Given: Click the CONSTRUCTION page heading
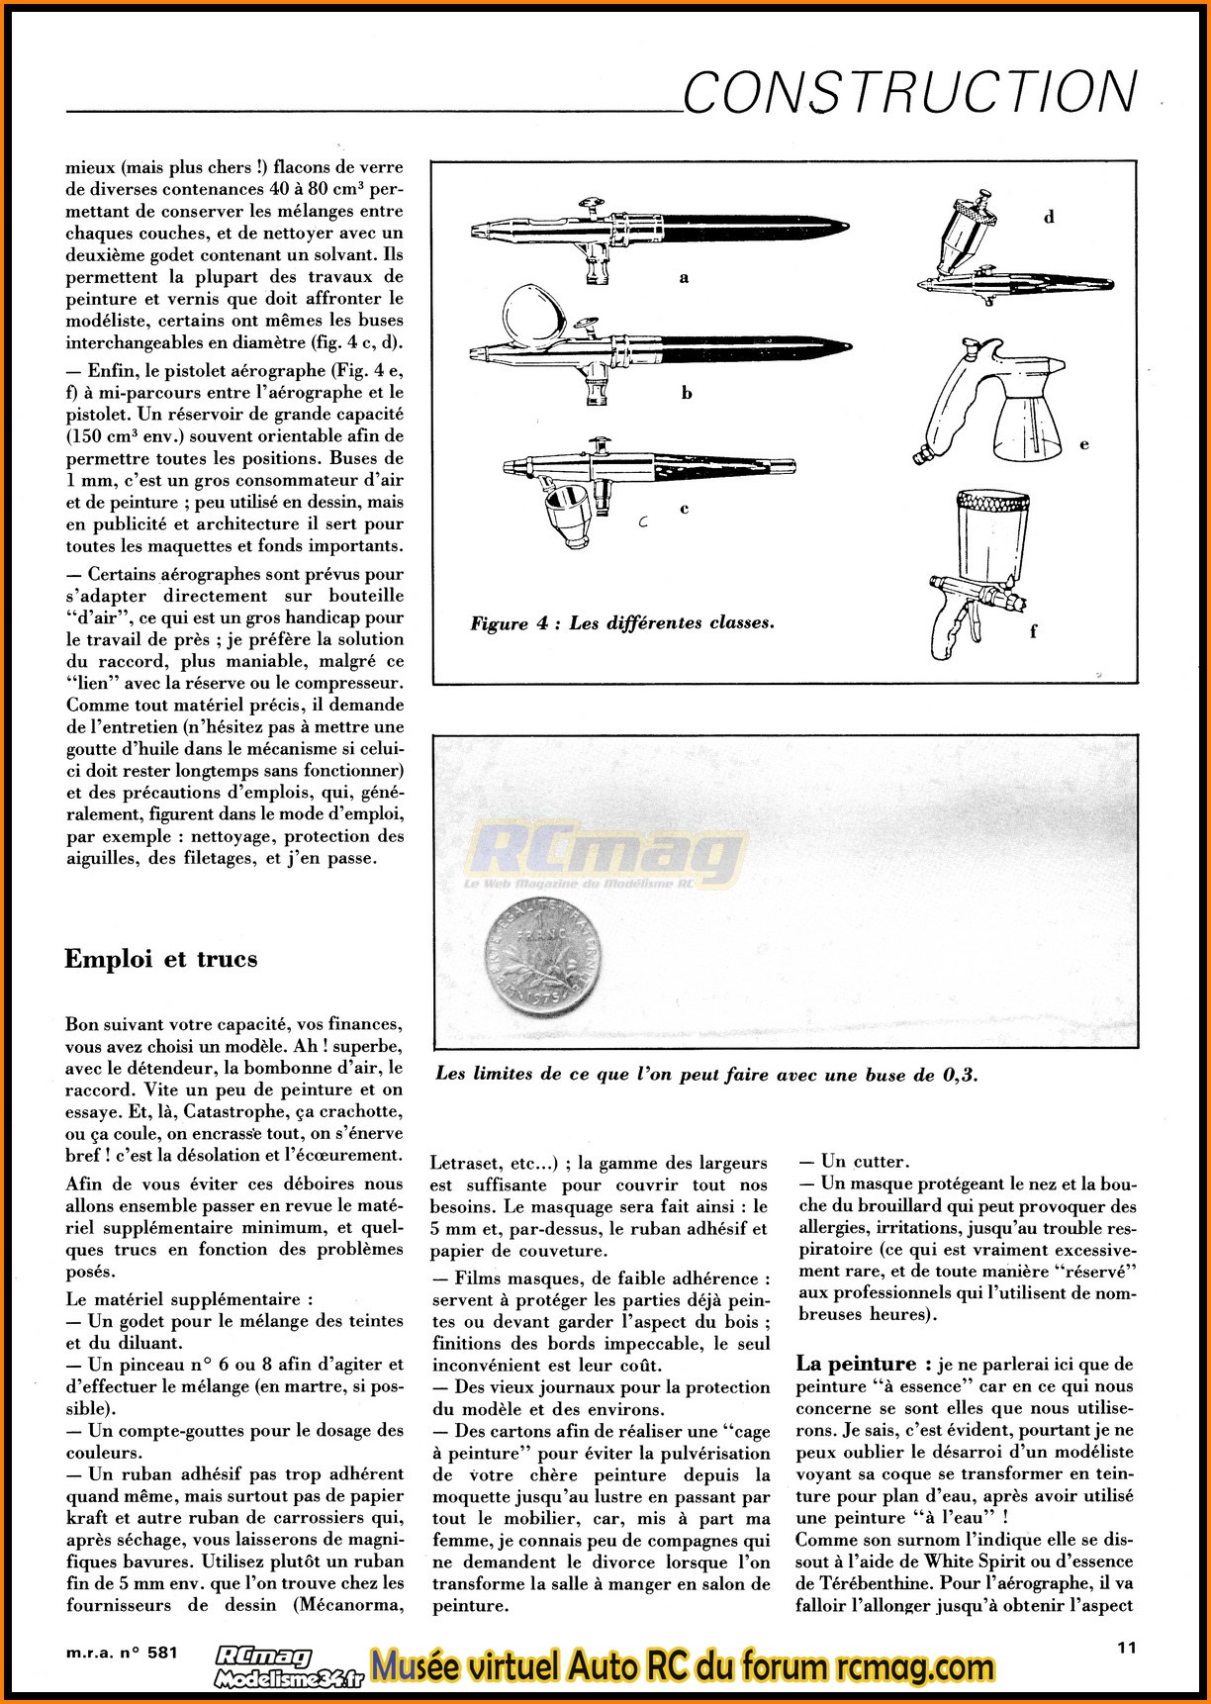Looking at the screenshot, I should (910, 92).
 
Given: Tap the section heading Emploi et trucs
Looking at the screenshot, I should (161, 958).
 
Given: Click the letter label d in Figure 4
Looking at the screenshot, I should (1049, 217).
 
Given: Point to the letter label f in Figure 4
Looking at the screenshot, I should (1034, 630).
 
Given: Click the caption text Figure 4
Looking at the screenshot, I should (622, 623).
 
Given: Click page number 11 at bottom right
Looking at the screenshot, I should (1126, 1648).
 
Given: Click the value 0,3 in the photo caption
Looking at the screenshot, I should (959, 1075).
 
